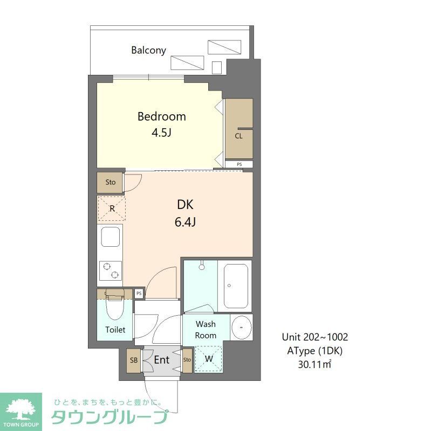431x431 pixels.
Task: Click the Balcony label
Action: pos(148,50)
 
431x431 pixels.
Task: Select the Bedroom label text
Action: pos(161,116)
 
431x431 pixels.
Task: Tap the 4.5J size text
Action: pos(161,133)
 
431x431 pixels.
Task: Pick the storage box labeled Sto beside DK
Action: pos(110,182)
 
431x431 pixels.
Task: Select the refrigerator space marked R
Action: pos(111,208)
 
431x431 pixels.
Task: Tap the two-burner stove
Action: pos(111,271)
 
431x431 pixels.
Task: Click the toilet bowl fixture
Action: pos(114,307)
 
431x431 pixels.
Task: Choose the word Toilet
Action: pos(115,330)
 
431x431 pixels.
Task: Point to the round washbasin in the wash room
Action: pos(241,327)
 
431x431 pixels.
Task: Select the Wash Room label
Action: pos(206,330)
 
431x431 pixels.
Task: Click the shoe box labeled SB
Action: pos(133,360)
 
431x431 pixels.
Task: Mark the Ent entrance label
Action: pos(162,360)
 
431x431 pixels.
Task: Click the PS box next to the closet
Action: pos(238,164)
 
